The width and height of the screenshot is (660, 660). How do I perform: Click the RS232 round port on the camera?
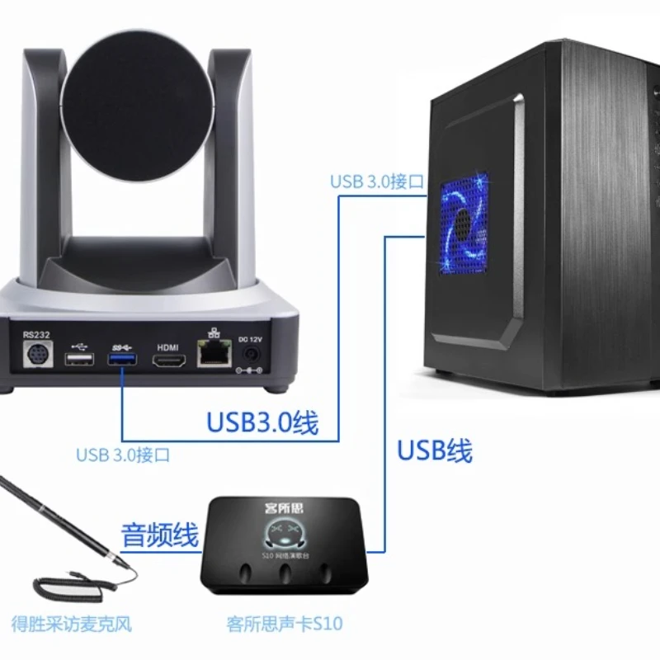pos(37,357)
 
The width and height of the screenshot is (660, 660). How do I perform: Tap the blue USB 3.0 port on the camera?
pos(122,360)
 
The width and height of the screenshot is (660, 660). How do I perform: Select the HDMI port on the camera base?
pos(167,361)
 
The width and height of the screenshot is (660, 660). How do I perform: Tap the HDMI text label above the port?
pos(167,346)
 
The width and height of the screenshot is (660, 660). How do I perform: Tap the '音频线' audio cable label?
pos(160,535)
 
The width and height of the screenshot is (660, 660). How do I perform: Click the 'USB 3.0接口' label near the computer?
pos(377,181)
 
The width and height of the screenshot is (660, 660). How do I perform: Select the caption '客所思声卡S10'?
pos(284,624)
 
